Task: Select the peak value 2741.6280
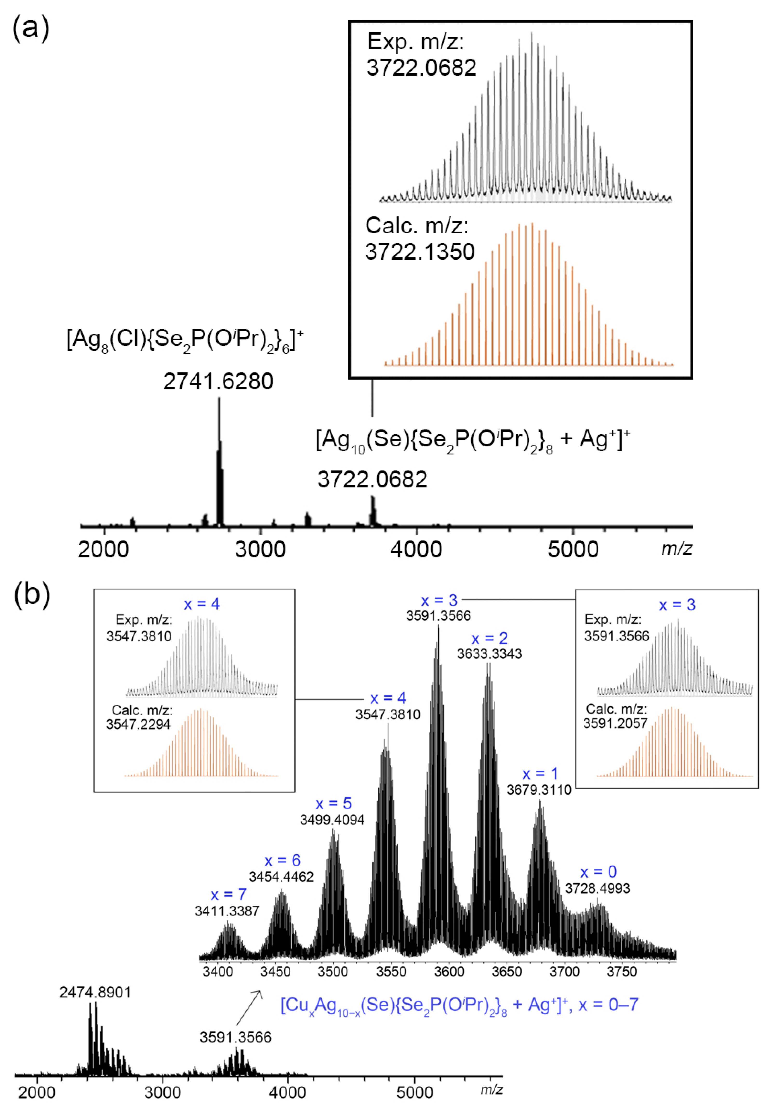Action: tap(218, 381)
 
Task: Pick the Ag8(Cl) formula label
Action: tap(185, 340)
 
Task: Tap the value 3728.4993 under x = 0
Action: tap(598, 888)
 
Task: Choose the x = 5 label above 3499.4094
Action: tap(333, 804)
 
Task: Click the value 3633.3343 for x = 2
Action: tap(489, 654)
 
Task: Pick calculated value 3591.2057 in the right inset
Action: tap(615, 723)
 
